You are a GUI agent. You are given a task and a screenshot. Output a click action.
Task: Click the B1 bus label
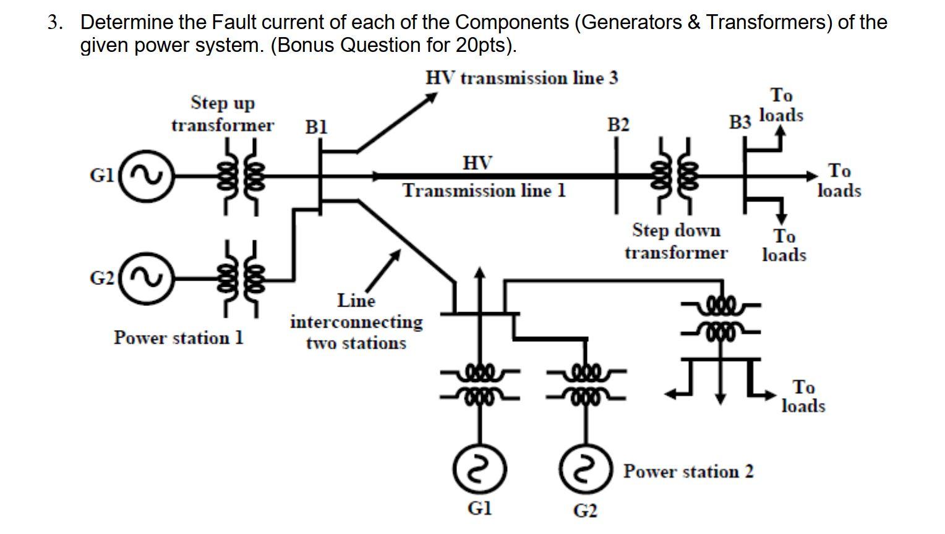tap(317, 127)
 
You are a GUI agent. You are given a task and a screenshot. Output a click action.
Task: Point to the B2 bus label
tap(618, 125)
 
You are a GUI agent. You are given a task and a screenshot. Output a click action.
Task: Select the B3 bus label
tap(740, 122)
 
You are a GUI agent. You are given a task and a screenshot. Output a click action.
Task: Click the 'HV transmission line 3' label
tap(521, 78)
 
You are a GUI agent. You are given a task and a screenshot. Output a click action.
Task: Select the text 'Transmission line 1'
tap(484, 190)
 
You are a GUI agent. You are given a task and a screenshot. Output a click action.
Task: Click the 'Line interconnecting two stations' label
tap(356, 322)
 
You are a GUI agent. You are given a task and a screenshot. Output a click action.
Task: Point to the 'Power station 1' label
tap(178, 338)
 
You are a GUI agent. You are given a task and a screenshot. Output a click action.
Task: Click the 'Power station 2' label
tap(688, 472)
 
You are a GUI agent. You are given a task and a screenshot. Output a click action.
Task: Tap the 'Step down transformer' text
tap(676, 241)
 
